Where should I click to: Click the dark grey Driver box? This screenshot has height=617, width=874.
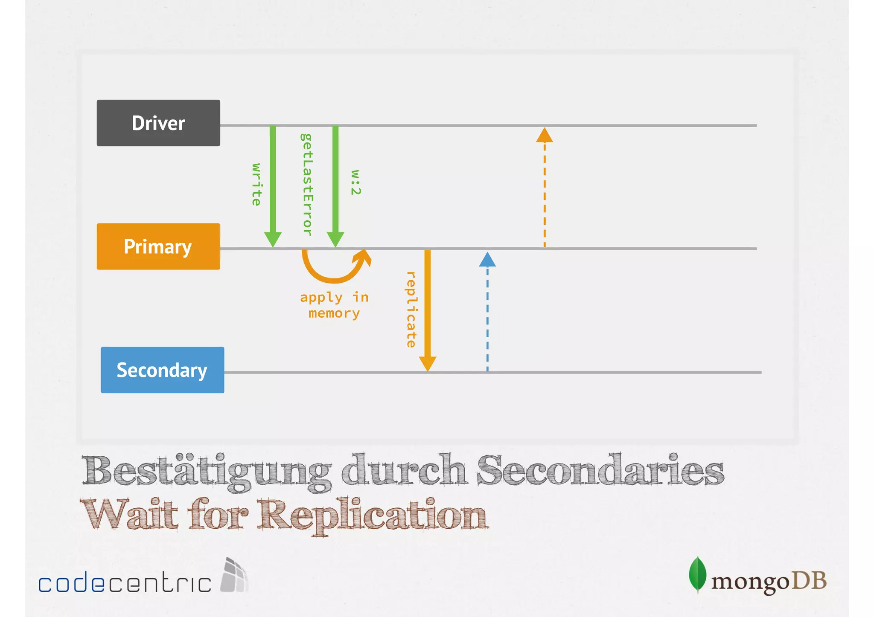click(x=158, y=123)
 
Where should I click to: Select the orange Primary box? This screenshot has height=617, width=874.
click(x=158, y=246)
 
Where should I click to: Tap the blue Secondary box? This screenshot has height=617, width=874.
click(x=162, y=370)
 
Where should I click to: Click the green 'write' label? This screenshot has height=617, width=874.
click(x=256, y=184)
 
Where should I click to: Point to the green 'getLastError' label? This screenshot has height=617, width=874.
click(x=306, y=184)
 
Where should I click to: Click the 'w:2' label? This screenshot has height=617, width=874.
click(x=355, y=182)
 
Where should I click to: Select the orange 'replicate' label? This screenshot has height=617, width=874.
click(x=411, y=310)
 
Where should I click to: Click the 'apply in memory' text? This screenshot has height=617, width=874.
click(x=334, y=305)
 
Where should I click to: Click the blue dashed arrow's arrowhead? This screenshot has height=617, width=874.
click(x=487, y=260)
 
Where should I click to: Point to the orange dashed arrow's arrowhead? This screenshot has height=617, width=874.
click(x=545, y=135)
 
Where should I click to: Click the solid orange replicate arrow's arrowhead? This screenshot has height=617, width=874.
click(x=427, y=364)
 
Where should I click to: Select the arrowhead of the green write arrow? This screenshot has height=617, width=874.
click(x=273, y=239)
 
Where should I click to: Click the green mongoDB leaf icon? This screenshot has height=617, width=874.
click(x=697, y=574)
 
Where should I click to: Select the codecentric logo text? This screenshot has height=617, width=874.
click(x=125, y=582)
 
